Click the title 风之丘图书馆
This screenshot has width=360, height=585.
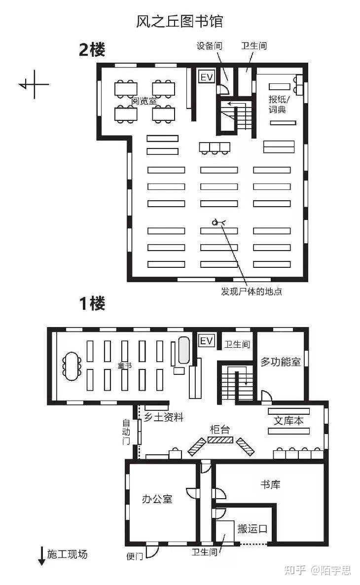point(179,21)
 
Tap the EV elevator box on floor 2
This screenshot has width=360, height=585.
point(206,77)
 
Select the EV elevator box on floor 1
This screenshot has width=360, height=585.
point(206,340)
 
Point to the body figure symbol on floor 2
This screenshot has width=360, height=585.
point(218,223)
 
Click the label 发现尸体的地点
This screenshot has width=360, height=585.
point(252,292)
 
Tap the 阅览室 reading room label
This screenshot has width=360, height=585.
point(144,101)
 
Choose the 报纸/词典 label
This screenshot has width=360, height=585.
point(279,104)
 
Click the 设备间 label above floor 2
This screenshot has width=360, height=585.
point(209,46)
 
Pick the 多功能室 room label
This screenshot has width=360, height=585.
point(280,362)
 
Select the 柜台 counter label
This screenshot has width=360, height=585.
point(220,430)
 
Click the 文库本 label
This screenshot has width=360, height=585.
point(288,420)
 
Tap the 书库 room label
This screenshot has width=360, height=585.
point(270,485)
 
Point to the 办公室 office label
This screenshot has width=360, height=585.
point(157,499)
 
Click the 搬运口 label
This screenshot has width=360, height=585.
point(252,529)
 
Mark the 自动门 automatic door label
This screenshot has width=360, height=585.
point(126,432)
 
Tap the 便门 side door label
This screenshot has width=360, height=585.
point(134,556)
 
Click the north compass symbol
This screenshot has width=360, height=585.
point(34,85)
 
